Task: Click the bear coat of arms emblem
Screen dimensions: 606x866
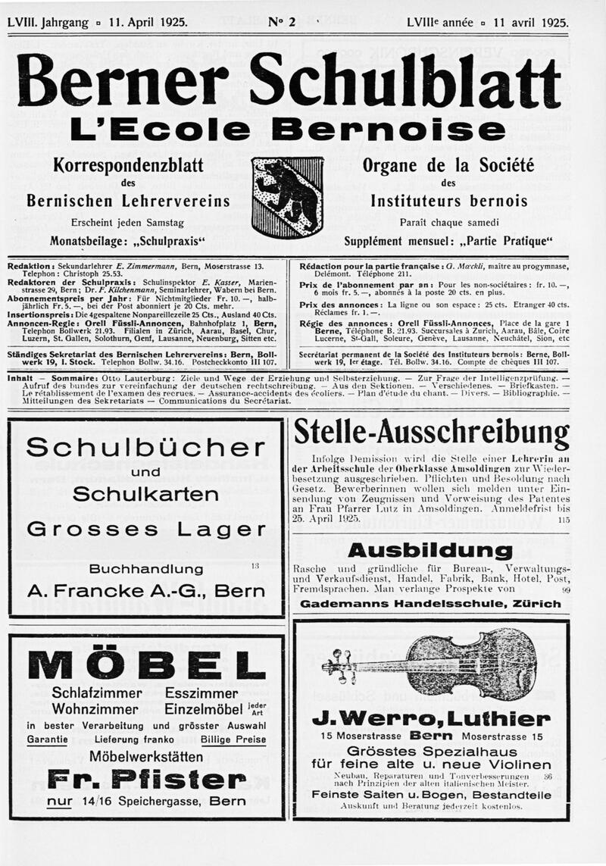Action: click(x=287, y=196)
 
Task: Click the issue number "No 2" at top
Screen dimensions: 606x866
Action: click(x=282, y=22)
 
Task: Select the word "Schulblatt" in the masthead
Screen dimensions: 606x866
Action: click(x=405, y=81)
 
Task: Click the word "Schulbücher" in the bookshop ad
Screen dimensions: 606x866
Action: click(x=145, y=448)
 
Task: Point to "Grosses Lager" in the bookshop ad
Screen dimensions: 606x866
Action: click(x=145, y=529)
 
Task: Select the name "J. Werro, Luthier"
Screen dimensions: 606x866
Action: click(x=430, y=718)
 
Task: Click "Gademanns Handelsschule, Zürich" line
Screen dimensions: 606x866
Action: click(x=430, y=604)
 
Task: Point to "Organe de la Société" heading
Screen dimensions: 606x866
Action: click(x=448, y=165)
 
